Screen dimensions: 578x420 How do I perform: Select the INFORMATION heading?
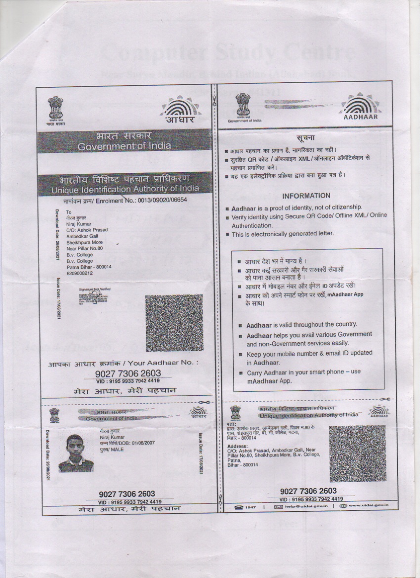click(306, 195)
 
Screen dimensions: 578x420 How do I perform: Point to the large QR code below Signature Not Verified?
click(174, 323)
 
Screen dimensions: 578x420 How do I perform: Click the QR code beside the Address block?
click(358, 454)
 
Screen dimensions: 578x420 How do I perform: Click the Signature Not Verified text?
click(94, 289)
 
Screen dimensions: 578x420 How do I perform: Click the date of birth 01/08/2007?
click(143, 443)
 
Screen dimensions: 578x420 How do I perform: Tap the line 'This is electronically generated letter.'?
click(283, 234)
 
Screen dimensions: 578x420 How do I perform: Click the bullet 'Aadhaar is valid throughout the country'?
click(301, 325)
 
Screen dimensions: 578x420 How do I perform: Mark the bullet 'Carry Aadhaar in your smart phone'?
click(303, 376)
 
